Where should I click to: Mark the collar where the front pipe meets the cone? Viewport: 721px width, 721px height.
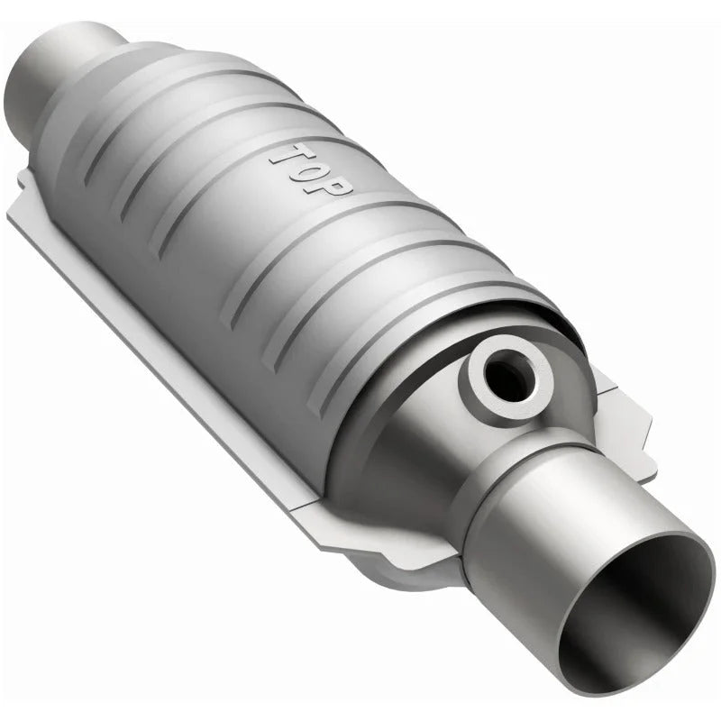tap(505, 469)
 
